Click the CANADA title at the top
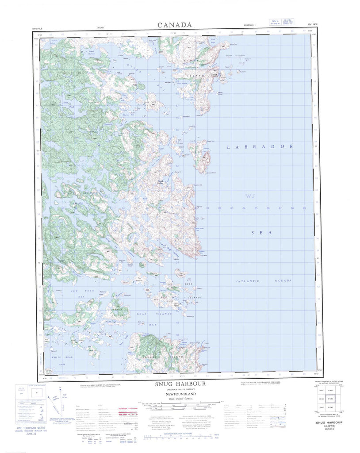tap(175, 25)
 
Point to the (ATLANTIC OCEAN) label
tap(264, 281)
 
